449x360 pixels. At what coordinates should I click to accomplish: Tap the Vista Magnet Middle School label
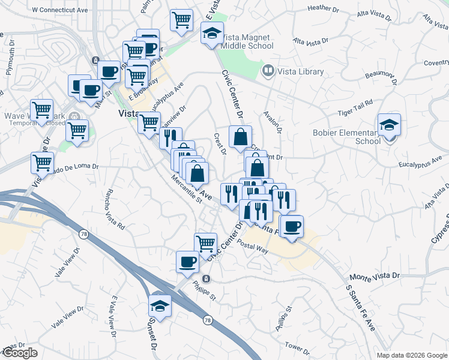coord(246,41)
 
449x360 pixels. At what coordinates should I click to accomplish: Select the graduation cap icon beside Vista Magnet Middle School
coord(212,34)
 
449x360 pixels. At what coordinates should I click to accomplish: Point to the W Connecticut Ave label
coord(60,10)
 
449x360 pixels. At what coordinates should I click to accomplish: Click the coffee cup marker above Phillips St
coord(187,262)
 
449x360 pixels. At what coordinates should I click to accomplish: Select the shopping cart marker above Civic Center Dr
coord(205,243)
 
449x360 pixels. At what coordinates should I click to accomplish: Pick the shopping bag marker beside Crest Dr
coord(240,137)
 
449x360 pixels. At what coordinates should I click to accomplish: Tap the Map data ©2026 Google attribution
coord(411,355)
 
